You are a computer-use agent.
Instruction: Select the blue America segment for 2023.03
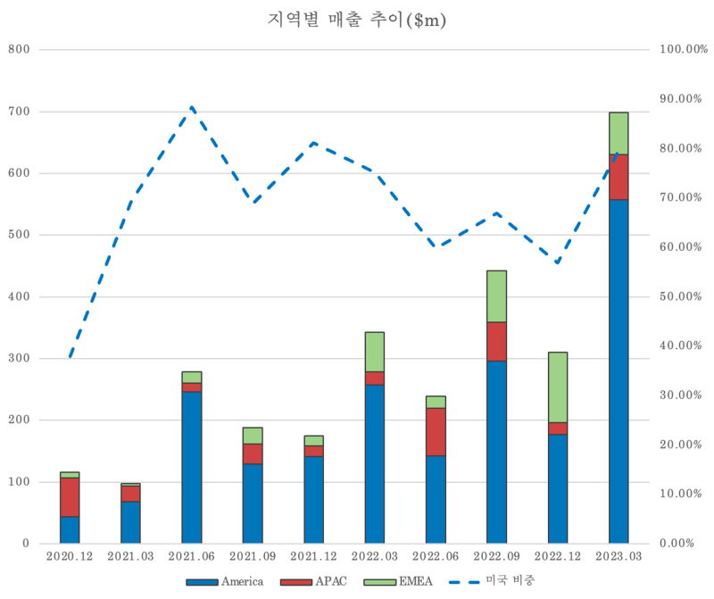(x=619, y=370)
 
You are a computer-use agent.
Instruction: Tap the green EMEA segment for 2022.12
(x=558, y=387)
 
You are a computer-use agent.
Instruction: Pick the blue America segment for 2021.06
(x=191, y=467)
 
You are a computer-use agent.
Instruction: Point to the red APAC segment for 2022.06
(x=436, y=431)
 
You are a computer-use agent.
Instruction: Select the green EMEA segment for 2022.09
(x=497, y=295)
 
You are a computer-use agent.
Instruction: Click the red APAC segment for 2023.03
(x=619, y=177)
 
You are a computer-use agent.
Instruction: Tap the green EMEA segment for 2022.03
(x=375, y=352)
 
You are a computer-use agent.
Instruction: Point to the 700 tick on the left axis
(x=20, y=112)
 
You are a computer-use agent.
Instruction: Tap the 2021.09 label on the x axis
(x=253, y=556)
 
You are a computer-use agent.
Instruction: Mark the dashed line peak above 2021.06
(x=191, y=107)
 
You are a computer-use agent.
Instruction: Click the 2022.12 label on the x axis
(x=558, y=556)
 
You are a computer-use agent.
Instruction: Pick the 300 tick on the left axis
(x=20, y=358)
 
